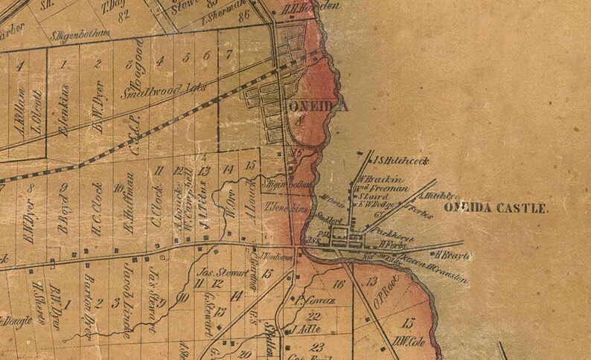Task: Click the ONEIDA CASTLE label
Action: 496,209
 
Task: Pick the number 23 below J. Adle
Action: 318,347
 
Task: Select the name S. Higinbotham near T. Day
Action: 80,34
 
